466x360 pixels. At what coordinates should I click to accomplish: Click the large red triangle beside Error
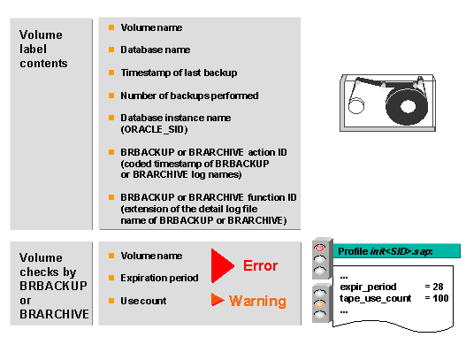coord(221,265)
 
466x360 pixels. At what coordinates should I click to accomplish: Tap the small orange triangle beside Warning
coord(217,300)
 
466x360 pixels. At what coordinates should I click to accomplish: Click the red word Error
coord(260,265)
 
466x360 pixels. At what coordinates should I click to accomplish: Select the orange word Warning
coord(257,301)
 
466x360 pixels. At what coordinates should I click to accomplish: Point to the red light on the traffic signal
coord(320,248)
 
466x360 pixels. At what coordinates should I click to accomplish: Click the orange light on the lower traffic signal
coord(320,303)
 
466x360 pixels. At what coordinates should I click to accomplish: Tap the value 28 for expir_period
coord(438,287)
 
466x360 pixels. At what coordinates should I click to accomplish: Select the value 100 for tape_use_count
coord(440,298)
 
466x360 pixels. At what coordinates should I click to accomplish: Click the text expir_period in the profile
coord(368,287)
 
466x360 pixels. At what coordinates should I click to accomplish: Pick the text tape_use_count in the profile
coord(375,298)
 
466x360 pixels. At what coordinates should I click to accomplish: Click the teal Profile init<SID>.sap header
coord(397,251)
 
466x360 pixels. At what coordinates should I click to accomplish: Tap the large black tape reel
coord(407,106)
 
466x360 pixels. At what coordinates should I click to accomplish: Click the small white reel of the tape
coord(356,106)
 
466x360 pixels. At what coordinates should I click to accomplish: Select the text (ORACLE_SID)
coord(154,129)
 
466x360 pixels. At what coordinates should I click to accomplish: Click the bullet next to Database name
coord(111,50)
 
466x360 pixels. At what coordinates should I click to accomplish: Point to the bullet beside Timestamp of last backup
coord(111,73)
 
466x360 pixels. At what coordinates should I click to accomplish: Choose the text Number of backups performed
coord(189,96)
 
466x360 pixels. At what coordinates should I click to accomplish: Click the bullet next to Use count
coord(111,301)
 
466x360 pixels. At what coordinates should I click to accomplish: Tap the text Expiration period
coord(159,278)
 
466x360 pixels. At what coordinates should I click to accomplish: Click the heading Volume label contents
coord(43,49)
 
